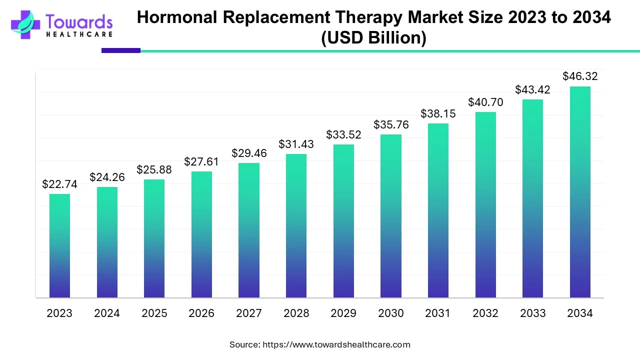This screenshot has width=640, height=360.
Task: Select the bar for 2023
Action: pyautogui.click(x=59, y=245)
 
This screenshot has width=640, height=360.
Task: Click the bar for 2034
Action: pyautogui.click(x=580, y=192)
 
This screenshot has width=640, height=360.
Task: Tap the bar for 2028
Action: pyautogui.click(x=296, y=225)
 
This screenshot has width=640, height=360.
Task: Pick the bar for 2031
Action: pyautogui.click(x=438, y=210)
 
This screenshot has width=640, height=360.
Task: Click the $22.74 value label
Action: pyautogui.click(x=59, y=184)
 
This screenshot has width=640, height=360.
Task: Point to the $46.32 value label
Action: pyautogui.click(x=580, y=76)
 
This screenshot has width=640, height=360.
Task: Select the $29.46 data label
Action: pyautogui.click(x=249, y=153)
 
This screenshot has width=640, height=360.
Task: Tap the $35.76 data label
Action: pyautogui.click(x=391, y=125)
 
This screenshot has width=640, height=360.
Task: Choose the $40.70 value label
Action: pyautogui.click(x=485, y=102)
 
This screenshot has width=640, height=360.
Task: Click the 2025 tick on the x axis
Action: pyautogui.click(x=154, y=313)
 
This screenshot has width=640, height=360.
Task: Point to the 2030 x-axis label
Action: pyautogui.click(x=391, y=313)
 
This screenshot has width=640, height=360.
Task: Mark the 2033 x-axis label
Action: pyautogui.click(x=533, y=313)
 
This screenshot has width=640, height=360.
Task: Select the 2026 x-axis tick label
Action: pyautogui.click(x=201, y=313)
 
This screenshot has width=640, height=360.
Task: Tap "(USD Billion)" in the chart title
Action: pyautogui.click(x=373, y=38)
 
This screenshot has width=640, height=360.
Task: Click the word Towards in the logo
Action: pyautogui.click(x=79, y=21)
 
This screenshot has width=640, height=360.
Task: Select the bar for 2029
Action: pyautogui.click(x=343, y=221)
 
